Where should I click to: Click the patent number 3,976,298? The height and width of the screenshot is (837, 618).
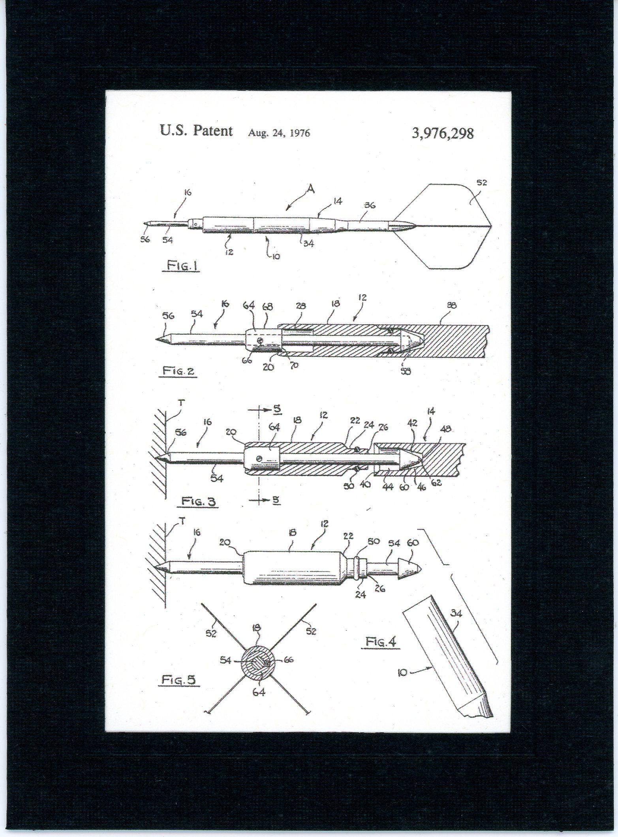click(442, 133)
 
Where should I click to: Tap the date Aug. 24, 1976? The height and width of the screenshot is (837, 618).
click(279, 133)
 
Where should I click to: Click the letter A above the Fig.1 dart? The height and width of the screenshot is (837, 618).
click(311, 190)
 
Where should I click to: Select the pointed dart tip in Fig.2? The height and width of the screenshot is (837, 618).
click(162, 339)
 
